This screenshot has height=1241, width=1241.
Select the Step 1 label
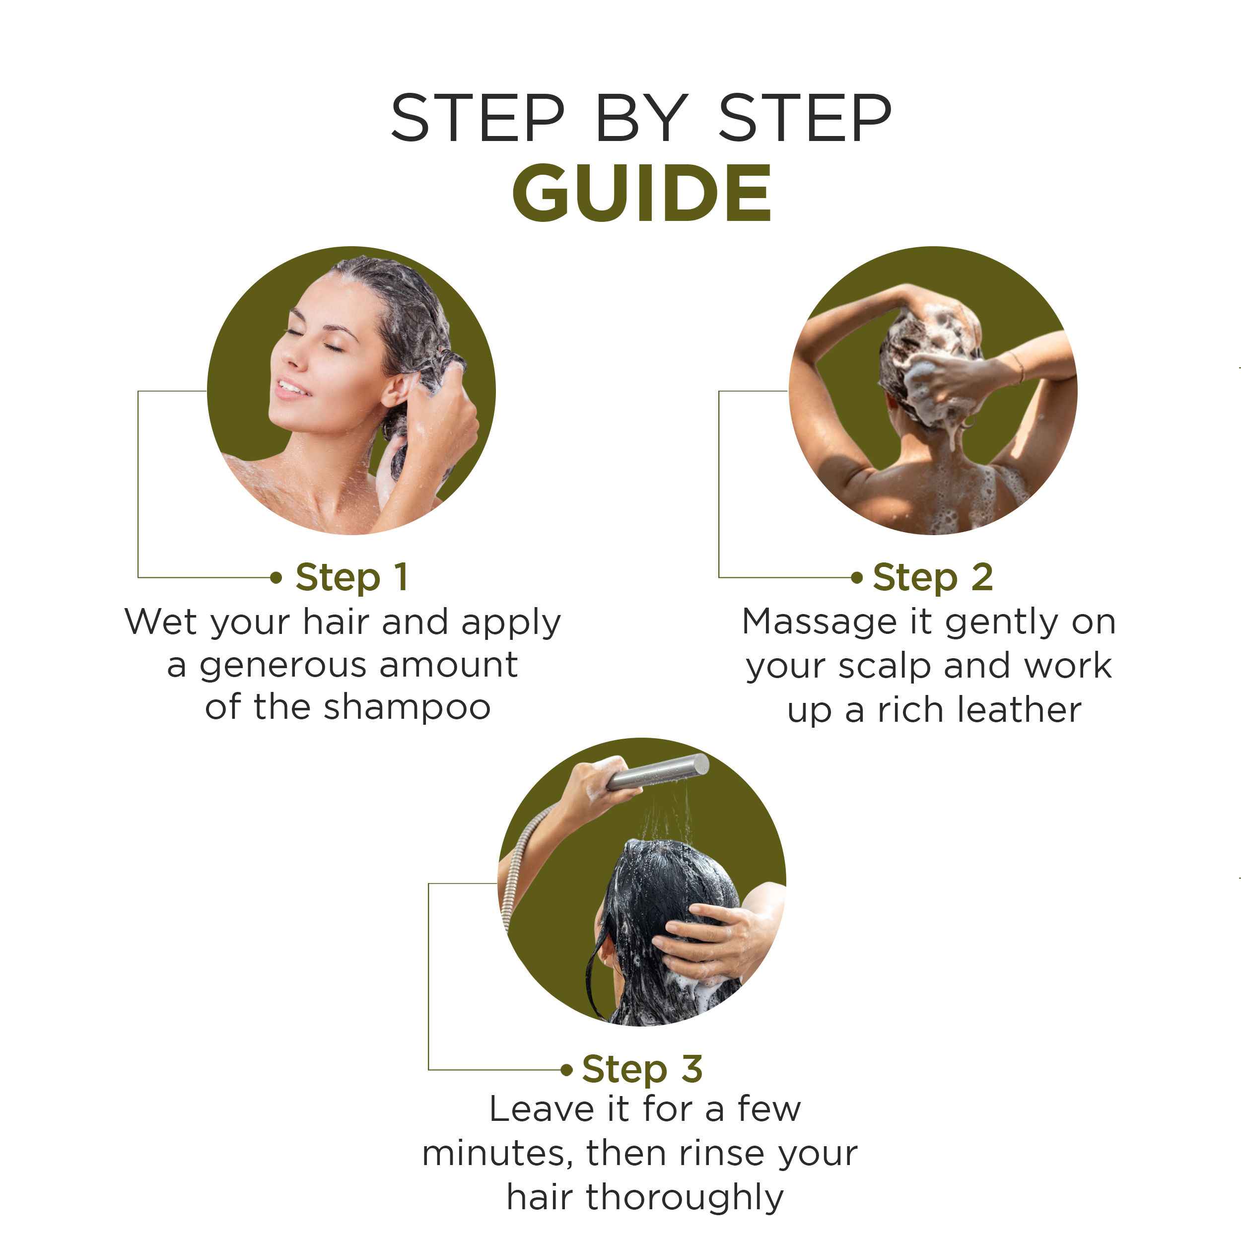tap(351, 577)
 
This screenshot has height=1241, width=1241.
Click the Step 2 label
tap(933, 577)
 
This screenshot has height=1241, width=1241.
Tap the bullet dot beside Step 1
tap(276, 577)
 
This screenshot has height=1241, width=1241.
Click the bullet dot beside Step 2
tap(856, 577)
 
